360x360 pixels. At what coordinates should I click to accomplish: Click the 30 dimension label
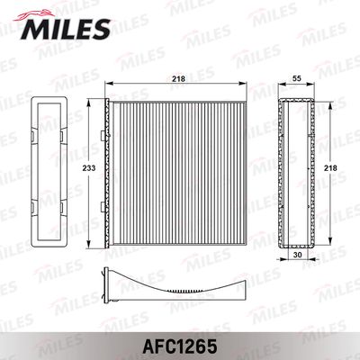coord(297,255)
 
